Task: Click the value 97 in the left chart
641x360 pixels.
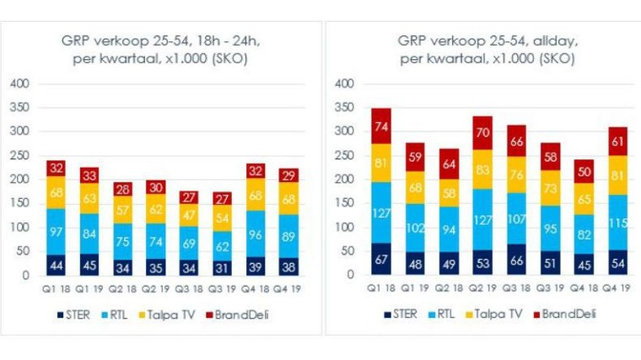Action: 57,232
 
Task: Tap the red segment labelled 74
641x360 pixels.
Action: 381,127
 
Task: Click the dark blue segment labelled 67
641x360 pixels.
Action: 381,259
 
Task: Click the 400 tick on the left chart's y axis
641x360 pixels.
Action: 20,83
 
